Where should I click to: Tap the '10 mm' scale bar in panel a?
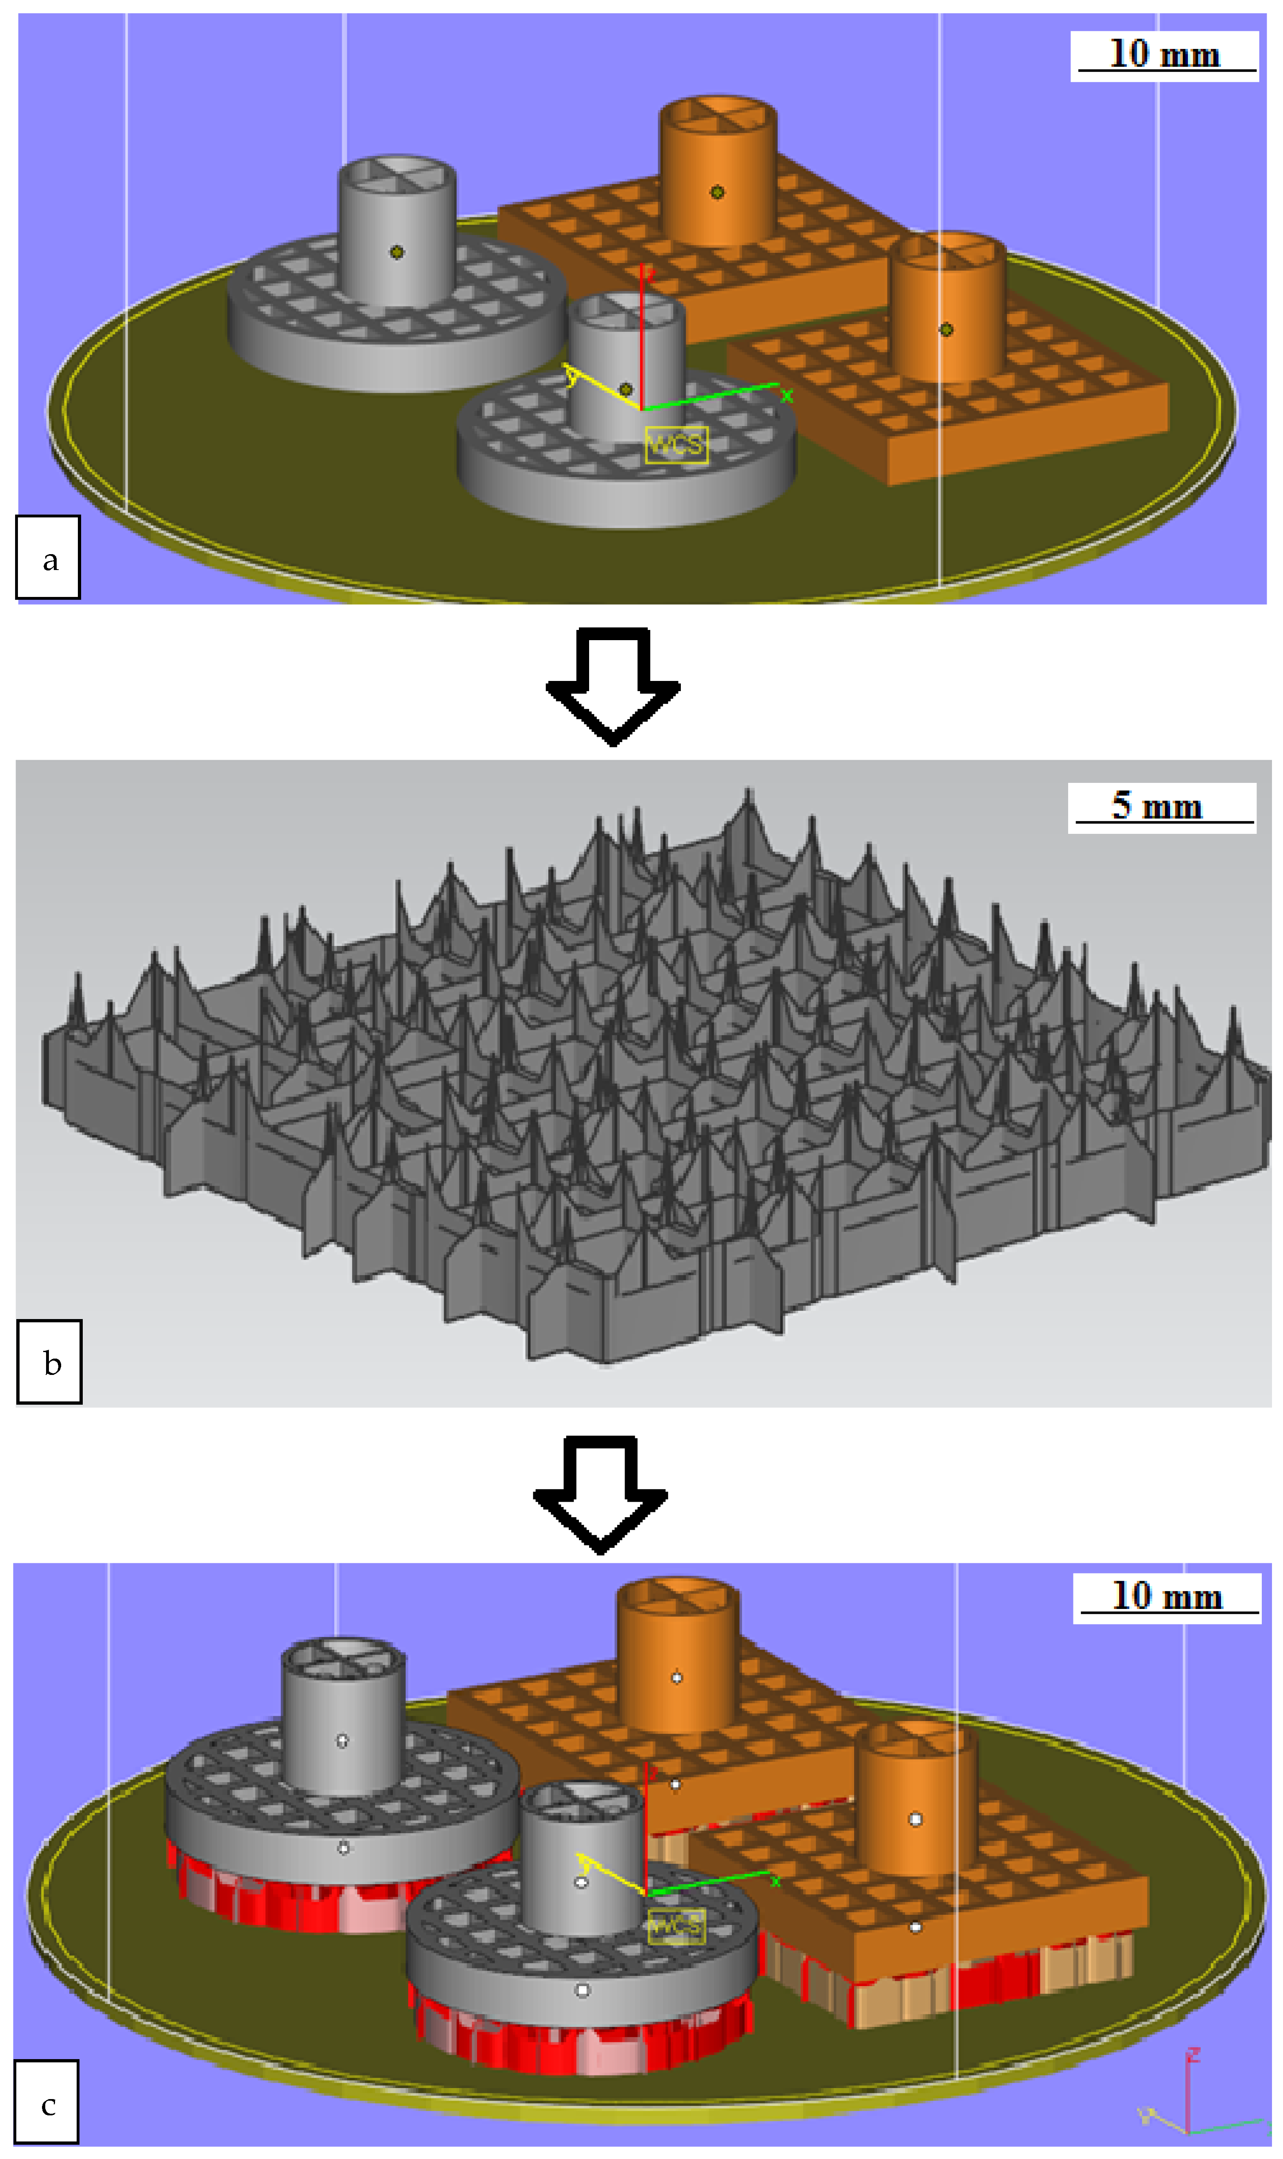click(x=1164, y=56)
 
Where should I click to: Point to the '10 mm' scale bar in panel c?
click(x=1166, y=1598)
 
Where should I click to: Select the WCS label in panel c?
click(x=676, y=1927)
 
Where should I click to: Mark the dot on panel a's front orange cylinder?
click(x=947, y=329)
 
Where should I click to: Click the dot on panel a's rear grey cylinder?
click(x=397, y=252)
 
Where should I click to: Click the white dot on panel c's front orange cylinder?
click(x=916, y=1820)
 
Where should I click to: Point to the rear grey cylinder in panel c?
click(x=343, y=1716)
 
